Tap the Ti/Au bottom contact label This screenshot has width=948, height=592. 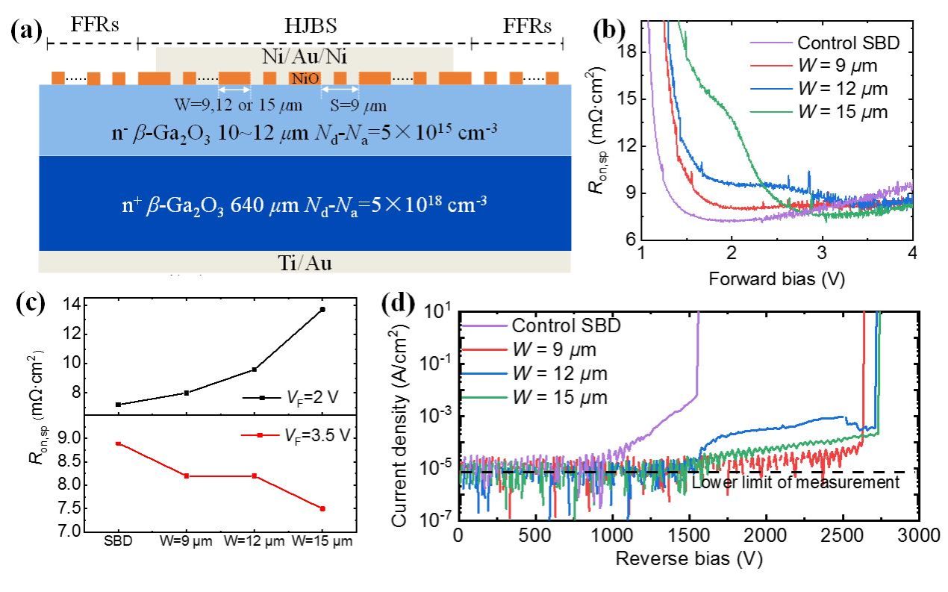point(305,262)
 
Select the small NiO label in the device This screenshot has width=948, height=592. point(301,78)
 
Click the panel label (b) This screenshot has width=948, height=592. point(609,30)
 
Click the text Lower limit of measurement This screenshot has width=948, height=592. point(796,482)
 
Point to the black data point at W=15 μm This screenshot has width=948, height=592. point(322,309)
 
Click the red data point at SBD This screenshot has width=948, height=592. point(118,443)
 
